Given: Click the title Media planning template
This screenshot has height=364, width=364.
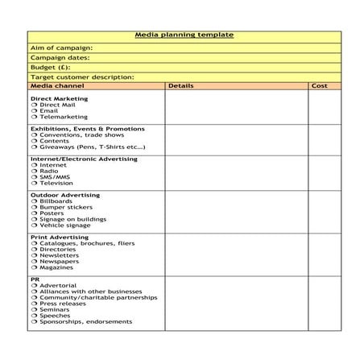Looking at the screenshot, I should (x=184, y=35).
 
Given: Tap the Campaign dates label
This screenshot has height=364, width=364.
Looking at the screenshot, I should (x=60, y=57).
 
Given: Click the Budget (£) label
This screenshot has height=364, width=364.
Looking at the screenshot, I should (x=50, y=67).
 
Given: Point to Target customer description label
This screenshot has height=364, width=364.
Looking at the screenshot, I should (x=81, y=77).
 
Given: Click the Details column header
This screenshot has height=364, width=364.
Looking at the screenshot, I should (x=181, y=85).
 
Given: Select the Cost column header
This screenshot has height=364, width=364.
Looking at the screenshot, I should (x=319, y=85).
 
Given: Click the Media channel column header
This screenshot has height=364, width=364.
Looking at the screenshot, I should (x=57, y=85).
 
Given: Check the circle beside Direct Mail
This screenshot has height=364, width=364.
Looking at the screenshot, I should (x=34, y=105).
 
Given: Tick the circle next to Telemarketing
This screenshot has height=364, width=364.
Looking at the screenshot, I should (x=34, y=117).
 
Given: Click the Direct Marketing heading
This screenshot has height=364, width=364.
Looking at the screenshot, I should (x=59, y=98).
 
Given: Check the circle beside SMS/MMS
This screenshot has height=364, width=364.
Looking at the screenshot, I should (x=34, y=177).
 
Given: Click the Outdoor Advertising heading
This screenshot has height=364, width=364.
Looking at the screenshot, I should (x=64, y=195).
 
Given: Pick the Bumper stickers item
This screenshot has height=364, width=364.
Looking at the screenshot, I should (x=65, y=207).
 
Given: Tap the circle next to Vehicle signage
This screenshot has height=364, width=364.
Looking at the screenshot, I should (x=34, y=225).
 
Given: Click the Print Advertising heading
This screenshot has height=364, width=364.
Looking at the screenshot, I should (x=60, y=238).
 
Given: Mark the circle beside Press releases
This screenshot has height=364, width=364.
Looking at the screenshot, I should (x=34, y=304).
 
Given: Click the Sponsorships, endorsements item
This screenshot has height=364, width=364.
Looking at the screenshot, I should (x=85, y=322).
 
